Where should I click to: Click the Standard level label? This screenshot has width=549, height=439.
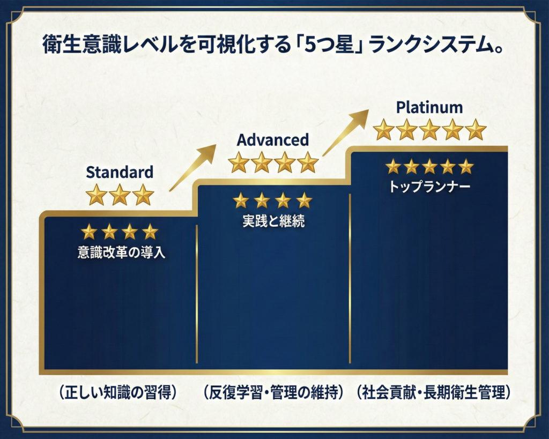[x=120, y=172]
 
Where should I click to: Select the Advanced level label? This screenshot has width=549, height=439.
[x=273, y=140]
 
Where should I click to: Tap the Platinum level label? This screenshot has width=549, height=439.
[x=429, y=107]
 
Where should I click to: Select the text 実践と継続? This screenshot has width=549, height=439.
[x=273, y=221]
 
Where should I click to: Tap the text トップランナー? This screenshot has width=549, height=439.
[x=429, y=188]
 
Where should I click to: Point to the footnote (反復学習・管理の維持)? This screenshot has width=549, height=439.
[x=273, y=392]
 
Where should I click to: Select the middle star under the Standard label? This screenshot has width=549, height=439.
[x=120, y=195]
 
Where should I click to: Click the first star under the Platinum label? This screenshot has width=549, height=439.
[x=383, y=130]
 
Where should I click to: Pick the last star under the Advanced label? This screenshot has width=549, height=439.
[x=308, y=162]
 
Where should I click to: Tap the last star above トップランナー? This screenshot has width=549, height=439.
[x=465, y=166]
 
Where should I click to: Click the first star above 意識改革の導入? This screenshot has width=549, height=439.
[x=89, y=232]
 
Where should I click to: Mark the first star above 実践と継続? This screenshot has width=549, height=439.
[x=241, y=200]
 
